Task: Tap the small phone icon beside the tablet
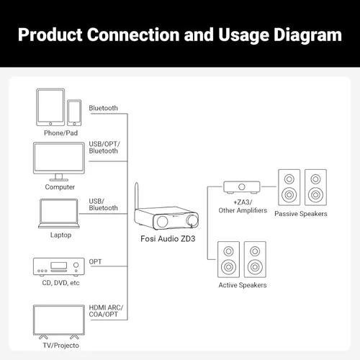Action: (74, 112)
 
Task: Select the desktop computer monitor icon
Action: (59, 160)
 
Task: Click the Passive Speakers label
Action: (301, 214)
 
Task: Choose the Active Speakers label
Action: (242, 285)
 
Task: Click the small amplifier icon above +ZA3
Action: (241, 188)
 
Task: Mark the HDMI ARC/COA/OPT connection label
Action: (106, 312)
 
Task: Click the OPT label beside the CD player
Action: (96, 261)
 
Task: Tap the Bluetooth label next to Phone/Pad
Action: (103, 108)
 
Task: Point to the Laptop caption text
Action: (60, 235)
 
